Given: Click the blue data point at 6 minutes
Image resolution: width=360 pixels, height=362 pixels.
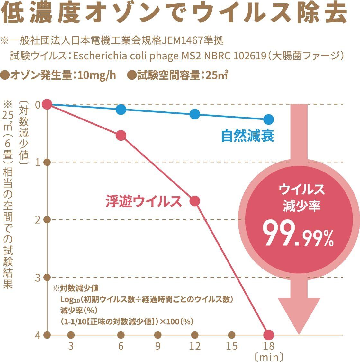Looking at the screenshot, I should pyautogui.click(x=121, y=110).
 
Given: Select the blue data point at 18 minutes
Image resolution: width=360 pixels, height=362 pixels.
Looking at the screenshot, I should pyautogui.click(x=269, y=119).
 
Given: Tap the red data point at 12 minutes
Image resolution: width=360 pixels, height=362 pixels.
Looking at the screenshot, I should pyautogui.click(x=195, y=201).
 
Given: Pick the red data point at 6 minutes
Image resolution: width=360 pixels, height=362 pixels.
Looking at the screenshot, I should pyautogui.click(x=121, y=136).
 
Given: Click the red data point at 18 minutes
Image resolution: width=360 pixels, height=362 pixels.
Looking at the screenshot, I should pyautogui.click(x=269, y=335).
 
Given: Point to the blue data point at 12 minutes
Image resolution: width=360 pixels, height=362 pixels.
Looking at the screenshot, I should pyautogui.click(x=195, y=114).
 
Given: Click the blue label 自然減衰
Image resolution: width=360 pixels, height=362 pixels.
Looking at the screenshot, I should pyautogui.click(x=248, y=136).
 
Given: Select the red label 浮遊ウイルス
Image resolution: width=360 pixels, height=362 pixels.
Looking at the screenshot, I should pyautogui.click(x=144, y=201).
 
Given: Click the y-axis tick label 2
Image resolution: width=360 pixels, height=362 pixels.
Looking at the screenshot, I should pyautogui.click(x=38, y=220).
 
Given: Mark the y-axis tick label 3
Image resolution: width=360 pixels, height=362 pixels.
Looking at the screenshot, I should pyautogui.click(x=38, y=277).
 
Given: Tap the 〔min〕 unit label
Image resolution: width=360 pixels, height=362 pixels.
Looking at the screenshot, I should pyautogui.click(x=269, y=357).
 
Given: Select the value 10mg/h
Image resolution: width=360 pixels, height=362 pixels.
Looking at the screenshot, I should pyautogui.click(x=96, y=75).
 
